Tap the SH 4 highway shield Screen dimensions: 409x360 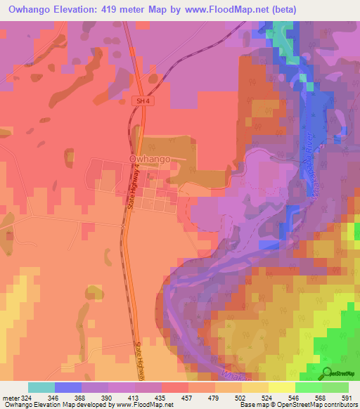pyautogui.click(x=143, y=101)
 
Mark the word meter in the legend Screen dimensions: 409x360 pyautogui.click(x=11, y=398)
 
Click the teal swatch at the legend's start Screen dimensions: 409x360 pyautogui.click(x=41, y=387)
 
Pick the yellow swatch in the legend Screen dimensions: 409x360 pyautogui.click(x=281, y=387)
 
